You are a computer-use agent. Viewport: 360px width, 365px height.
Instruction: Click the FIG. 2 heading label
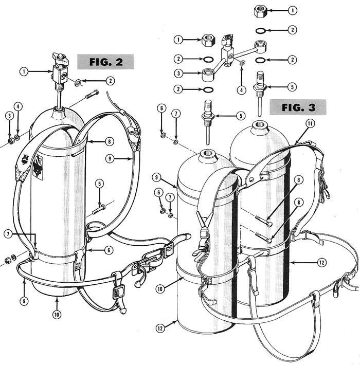(x=105, y=62)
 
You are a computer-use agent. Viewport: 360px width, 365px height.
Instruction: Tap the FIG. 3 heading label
(x=298, y=107)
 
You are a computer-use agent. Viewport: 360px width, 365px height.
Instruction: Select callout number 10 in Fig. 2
(x=57, y=315)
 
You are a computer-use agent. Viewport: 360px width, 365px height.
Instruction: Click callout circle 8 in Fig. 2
(x=110, y=141)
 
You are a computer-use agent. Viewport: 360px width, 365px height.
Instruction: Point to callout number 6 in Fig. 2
(x=109, y=250)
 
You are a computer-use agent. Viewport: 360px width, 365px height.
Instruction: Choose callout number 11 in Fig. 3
(x=310, y=123)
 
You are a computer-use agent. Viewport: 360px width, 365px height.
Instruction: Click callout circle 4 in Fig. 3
(x=242, y=90)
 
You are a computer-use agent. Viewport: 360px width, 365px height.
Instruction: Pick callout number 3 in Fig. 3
(x=178, y=74)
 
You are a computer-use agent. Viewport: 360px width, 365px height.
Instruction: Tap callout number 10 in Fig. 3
(x=160, y=289)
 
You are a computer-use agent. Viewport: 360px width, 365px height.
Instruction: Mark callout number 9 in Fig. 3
(x=156, y=177)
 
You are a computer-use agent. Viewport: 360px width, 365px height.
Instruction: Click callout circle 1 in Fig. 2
(x=24, y=71)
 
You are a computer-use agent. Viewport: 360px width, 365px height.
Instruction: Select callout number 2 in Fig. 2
(x=110, y=81)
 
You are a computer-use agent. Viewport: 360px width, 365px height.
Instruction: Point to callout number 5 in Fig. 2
(x=99, y=184)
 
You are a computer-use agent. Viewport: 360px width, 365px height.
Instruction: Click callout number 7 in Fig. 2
(x=8, y=234)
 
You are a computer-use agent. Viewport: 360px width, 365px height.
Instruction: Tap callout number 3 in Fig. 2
(x=9, y=116)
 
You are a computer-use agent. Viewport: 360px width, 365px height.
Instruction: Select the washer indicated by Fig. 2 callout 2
(x=78, y=82)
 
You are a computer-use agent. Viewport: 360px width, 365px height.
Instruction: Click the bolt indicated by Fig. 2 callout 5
(x=99, y=209)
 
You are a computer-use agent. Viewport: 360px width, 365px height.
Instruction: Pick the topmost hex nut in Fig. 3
(x=260, y=11)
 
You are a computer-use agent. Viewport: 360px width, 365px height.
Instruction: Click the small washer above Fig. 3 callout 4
(x=242, y=62)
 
